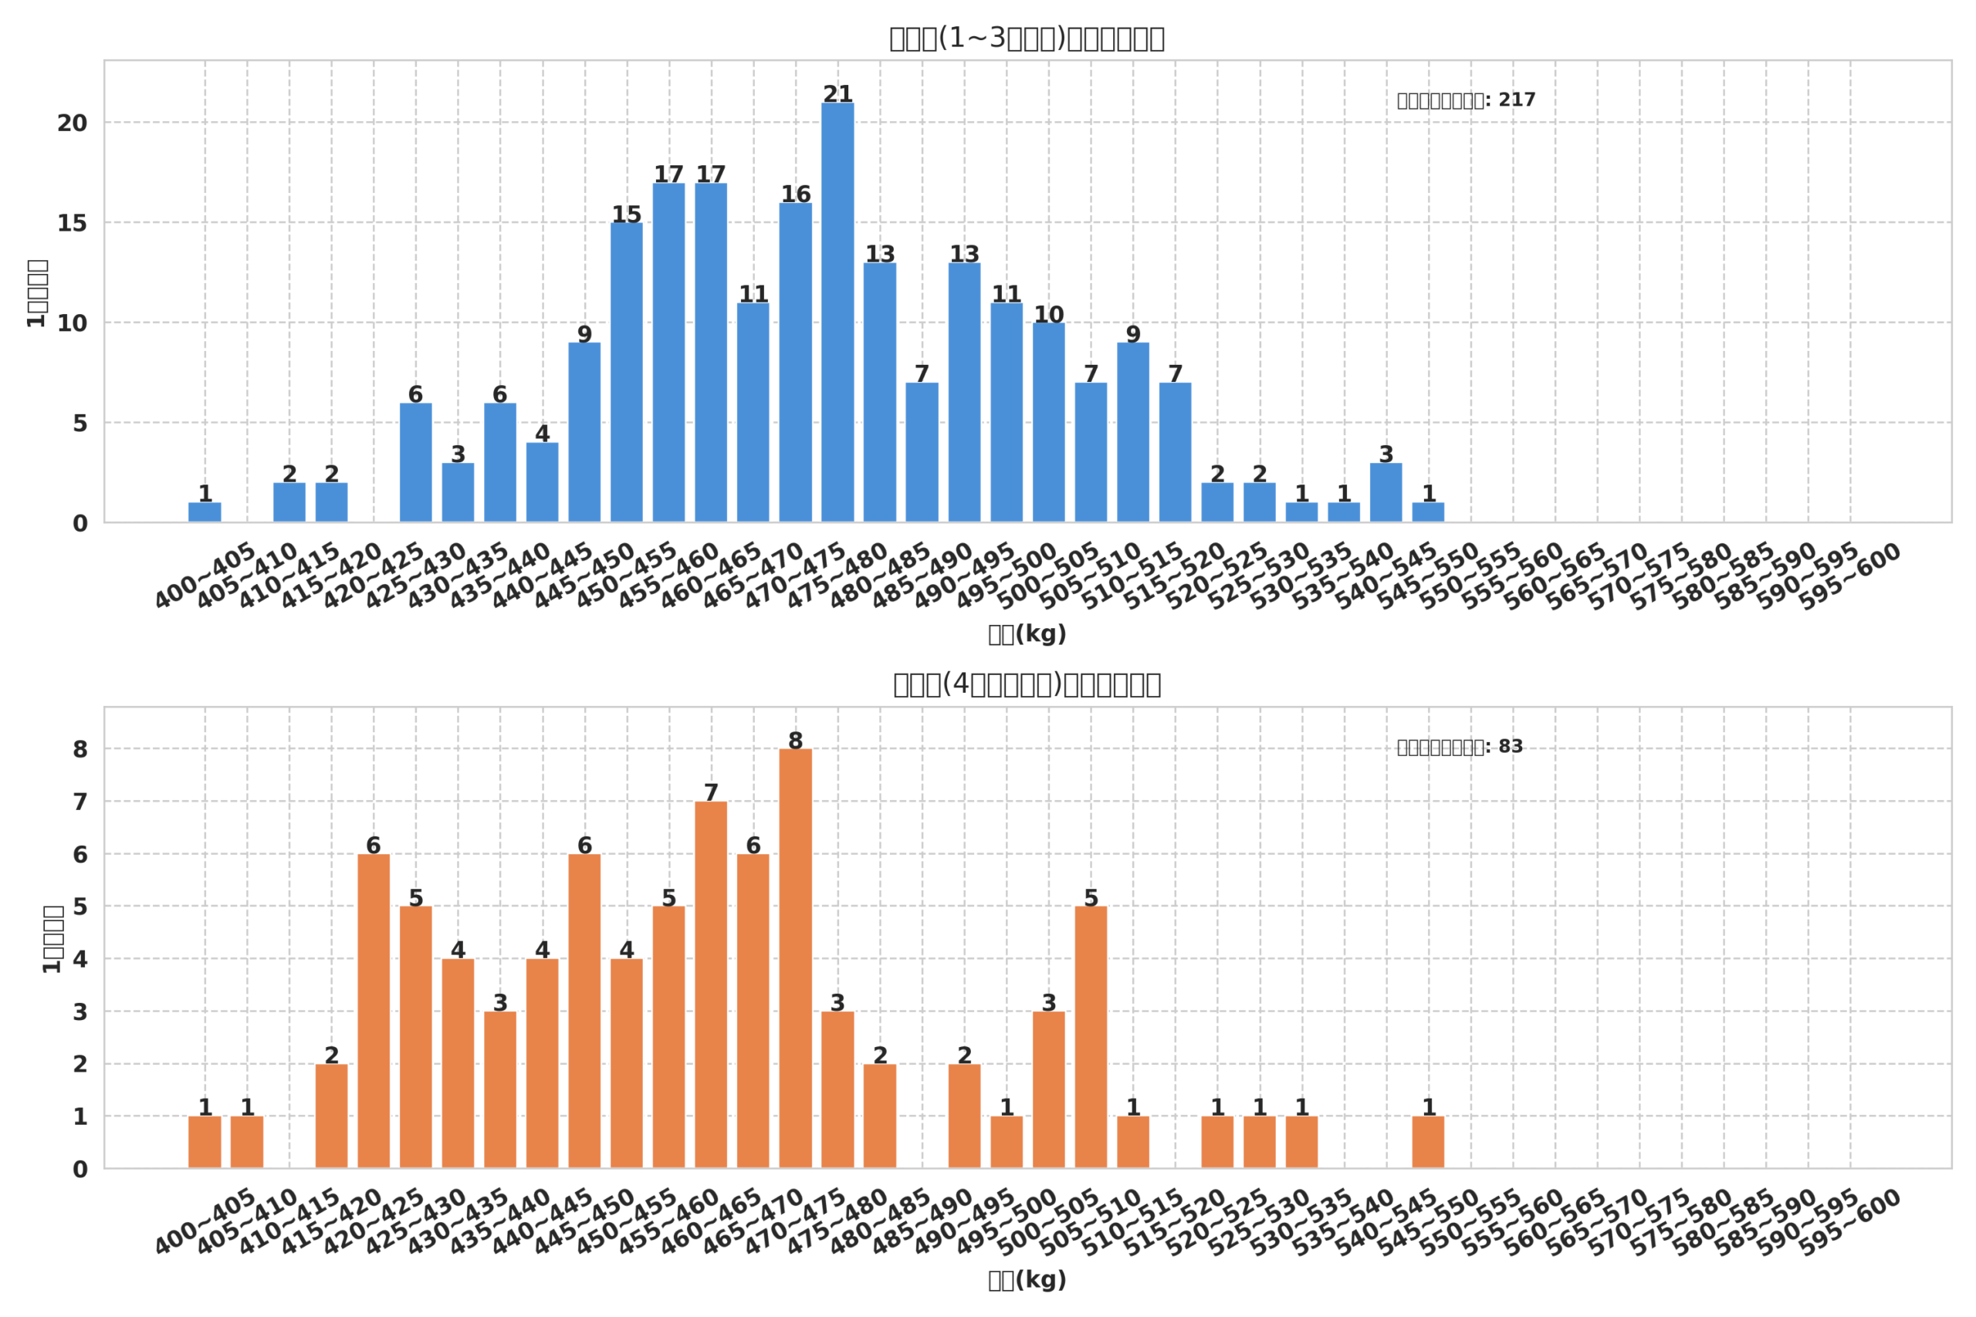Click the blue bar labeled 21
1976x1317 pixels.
click(837, 312)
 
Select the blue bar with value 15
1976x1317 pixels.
click(626, 372)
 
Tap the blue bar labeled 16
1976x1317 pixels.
click(795, 362)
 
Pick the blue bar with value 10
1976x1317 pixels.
click(1048, 423)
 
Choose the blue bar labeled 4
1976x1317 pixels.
click(542, 482)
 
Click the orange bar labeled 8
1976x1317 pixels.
click(795, 958)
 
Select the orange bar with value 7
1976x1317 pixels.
click(711, 984)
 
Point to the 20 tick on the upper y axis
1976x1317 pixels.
click(73, 123)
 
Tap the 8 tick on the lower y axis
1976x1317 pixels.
click(80, 749)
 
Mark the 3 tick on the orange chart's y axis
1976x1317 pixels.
click(80, 1012)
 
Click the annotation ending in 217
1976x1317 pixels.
click(1466, 101)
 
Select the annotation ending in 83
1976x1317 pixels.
click(1460, 748)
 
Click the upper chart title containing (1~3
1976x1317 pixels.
click(1027, 39)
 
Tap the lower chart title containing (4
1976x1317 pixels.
click(1027, 684)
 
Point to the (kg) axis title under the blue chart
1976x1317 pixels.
click(1027, 634)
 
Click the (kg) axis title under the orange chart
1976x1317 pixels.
click(1027, 1280)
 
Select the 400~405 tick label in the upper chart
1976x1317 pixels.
click(205, 576)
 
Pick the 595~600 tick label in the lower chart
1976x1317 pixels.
click(1849, 1222)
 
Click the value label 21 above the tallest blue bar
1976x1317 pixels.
click(837, 94)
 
